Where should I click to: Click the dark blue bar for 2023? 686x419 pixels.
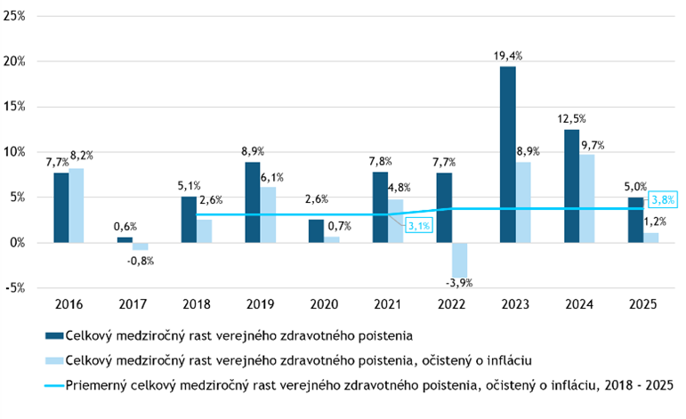pos(507,154)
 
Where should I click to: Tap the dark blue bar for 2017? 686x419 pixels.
pos(125,239)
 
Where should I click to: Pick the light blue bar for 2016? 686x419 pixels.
pos(77,205)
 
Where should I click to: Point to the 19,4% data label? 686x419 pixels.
pos(508,56)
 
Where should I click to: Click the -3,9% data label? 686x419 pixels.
pos(459,284)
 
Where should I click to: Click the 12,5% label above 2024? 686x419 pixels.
pos(571,119)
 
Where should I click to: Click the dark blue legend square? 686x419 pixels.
pos(53,335)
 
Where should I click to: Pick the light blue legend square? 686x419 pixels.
pos(53,360)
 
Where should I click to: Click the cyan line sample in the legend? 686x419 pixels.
pos(53,385)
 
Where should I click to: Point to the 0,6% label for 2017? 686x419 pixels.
pos(125,227)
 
